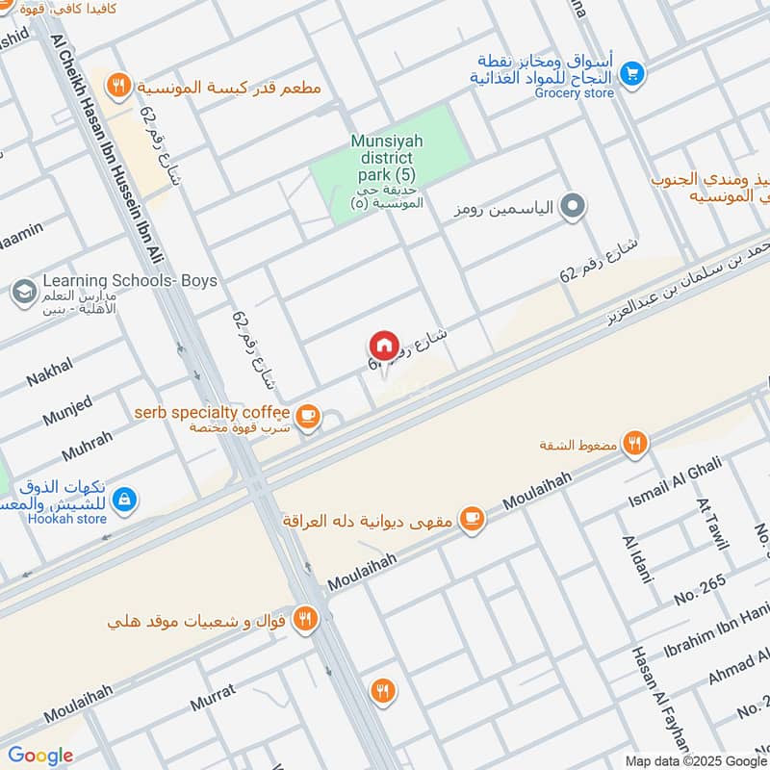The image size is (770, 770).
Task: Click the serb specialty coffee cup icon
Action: pyautogui.click(x=306, y=415)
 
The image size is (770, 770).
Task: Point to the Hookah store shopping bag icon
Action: pyautogui.click(x=124, y=500)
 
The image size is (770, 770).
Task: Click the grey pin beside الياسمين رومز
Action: pyautogui.click(x=573, y=206)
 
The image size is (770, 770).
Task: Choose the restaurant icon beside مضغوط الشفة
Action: pyautogui.click(x=633, y=444)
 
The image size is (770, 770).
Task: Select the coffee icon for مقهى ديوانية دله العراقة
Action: pyautogui.click(x=471, y=519)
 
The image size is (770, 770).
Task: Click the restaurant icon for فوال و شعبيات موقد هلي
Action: pyautogui.click(x=305, y=619)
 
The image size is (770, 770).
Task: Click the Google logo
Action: pyautogui.click(x=40, y=756)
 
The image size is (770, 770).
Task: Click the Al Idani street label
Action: pyautogui.click(x=637, y=560)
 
